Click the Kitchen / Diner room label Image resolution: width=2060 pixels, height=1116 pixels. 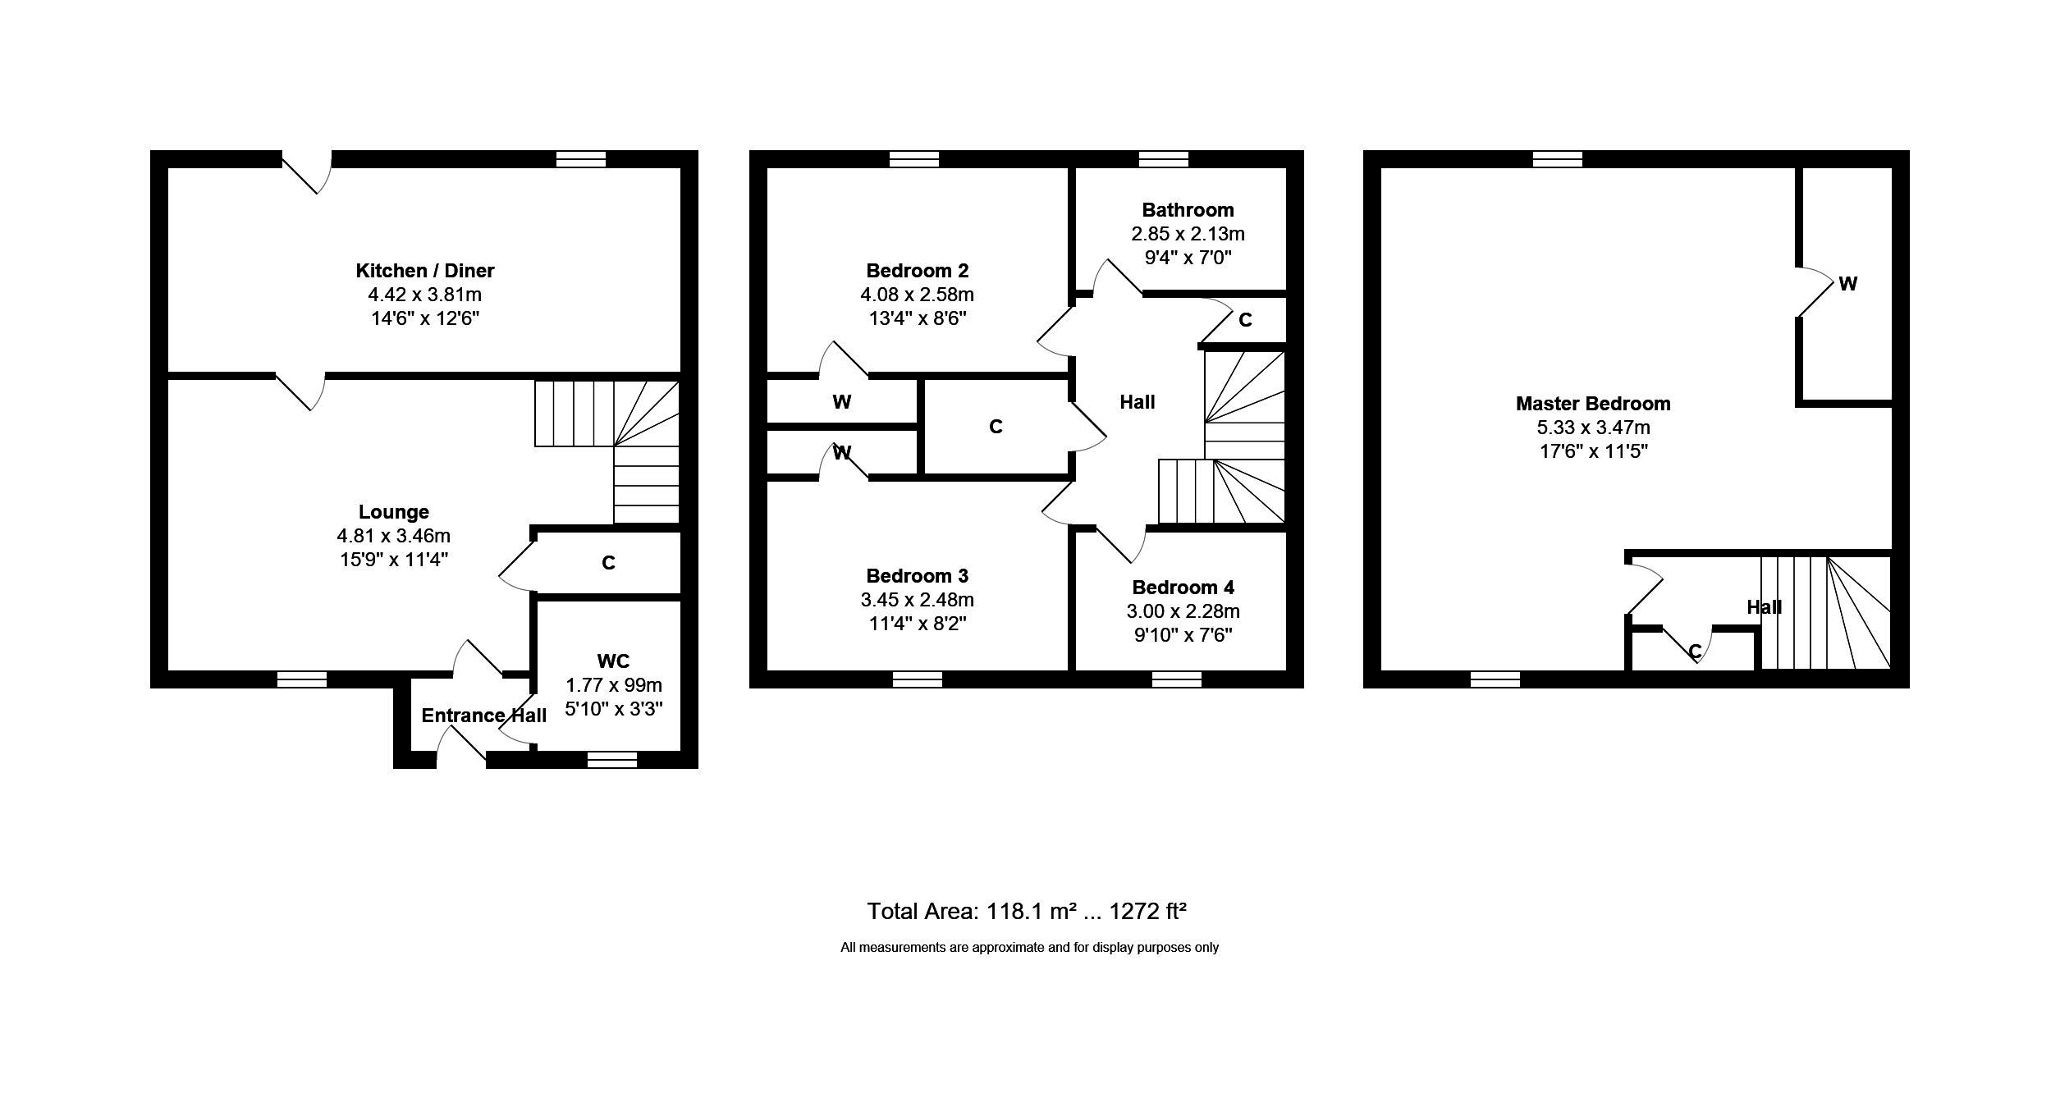tap(424, 271)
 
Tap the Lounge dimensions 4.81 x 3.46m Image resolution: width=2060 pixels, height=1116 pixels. tap(393, 536)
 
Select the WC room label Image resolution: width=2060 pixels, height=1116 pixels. tap(613, 661)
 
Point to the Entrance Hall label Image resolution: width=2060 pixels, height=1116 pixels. tap(483, 716)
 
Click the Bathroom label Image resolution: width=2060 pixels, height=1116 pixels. tap(1188, 210)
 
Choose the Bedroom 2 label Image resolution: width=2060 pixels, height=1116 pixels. tap(917, 271)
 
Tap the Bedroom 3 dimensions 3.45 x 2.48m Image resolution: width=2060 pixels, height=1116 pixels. tap(917, 600)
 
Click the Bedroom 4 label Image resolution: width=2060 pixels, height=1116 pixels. tap(1183, 588)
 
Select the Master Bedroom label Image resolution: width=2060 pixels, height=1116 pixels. tap(1593, 404)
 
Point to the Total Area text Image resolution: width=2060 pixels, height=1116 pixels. tap(1027, 911)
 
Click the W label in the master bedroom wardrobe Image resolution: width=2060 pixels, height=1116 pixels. tap(1847, 284)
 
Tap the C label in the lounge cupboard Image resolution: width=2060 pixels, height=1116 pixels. tap(608, 563)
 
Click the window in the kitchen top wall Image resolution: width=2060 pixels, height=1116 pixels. tap(581, 158)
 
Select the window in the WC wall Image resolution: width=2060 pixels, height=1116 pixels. tap(612, 761)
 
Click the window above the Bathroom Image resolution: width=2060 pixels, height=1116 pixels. tap(1164, 158)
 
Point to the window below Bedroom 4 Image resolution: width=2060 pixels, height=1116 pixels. tap(1177, 679)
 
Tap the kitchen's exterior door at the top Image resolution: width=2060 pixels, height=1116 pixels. tap(307, 172)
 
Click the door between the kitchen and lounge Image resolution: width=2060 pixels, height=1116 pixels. tap(300, 391)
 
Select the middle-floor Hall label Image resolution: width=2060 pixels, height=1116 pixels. tap(1138, 402)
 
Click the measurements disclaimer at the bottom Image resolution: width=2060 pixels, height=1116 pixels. tap(1029, 948)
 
